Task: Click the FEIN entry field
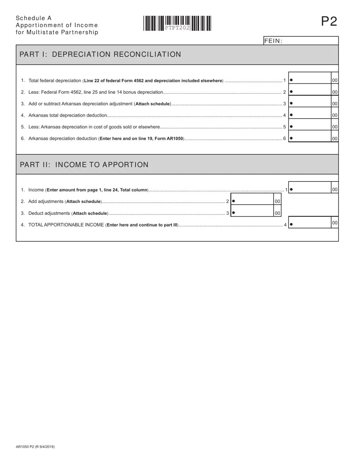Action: point(310,41)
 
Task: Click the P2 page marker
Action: point(329,22)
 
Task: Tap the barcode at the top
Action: point(177,23)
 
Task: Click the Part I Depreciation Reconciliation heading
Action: point(100,55)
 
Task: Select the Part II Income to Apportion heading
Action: point(84,165)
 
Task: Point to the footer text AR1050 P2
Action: point(35,447)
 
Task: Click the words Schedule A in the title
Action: point(34,18)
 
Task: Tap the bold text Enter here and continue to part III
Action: point(142,225)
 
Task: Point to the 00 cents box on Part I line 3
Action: point(335,104)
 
